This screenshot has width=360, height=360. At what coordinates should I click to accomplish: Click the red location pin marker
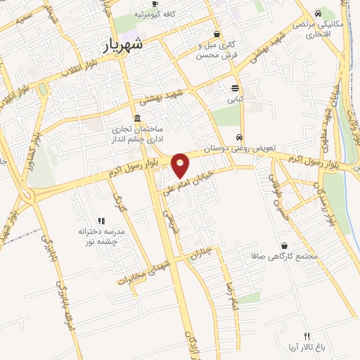coord(181,165)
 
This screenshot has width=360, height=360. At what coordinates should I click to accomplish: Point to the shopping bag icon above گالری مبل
coord(217,33)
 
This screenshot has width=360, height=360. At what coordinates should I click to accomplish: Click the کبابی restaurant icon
coord(236,88)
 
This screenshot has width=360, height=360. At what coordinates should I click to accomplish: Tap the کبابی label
coord(236,100)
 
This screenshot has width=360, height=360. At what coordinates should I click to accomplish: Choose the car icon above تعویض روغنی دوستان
coord(240,138)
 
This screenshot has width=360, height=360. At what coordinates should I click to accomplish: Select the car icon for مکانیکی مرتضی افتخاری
coord(318,13)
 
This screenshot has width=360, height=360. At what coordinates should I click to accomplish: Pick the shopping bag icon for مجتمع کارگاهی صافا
coord(283,245)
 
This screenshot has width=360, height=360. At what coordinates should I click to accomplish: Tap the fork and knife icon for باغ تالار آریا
coord(306,335)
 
